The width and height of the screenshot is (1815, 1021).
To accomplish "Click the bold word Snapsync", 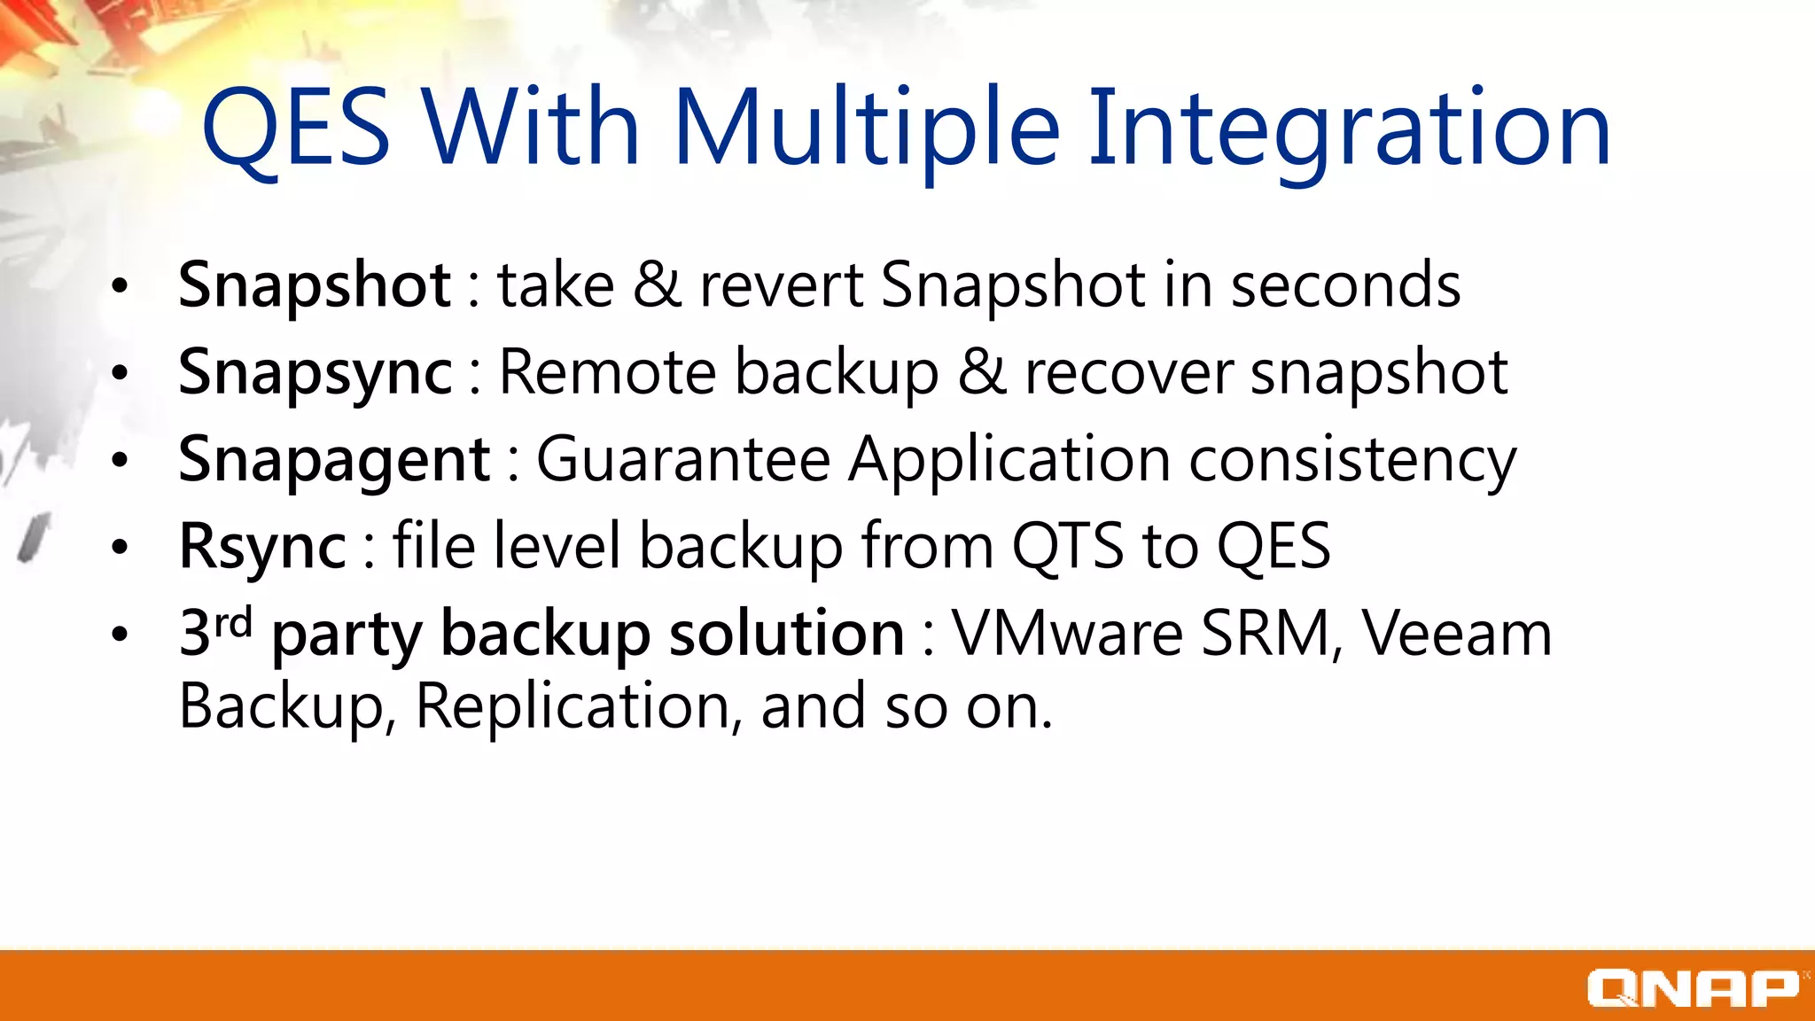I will click(x=315, y=372).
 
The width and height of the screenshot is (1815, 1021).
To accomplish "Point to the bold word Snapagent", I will click(x=334, y=459).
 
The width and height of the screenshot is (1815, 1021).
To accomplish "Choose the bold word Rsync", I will click(x=262, y=546).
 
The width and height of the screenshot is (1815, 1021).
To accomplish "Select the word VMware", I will click(x=1067, y=633).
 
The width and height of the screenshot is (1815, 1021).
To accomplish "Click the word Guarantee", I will click(x=683, y=459).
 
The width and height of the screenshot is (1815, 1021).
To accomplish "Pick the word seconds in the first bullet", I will click(x=1345, y=285).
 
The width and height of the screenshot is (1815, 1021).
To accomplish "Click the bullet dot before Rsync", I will click(x=120, y=548).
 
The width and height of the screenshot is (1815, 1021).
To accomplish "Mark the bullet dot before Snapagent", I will click(x=120, y=461).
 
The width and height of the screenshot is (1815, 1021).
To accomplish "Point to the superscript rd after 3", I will click(x=234, y=622).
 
